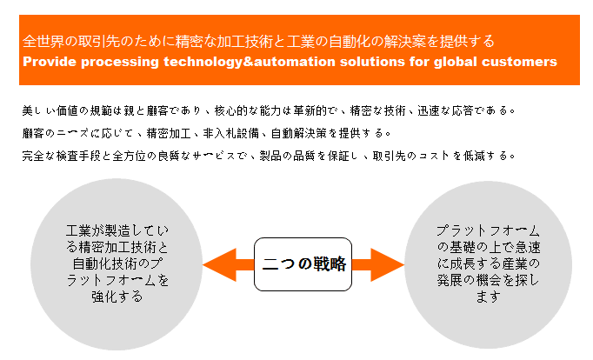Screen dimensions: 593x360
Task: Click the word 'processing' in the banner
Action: tap(120, 63)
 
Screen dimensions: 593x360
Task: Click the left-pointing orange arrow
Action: tap(229, 264)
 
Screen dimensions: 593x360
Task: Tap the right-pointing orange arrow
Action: tap(378, 264)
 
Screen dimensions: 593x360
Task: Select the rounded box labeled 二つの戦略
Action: tap(303, 264)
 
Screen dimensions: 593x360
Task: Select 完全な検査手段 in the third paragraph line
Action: tap(61, 156)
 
